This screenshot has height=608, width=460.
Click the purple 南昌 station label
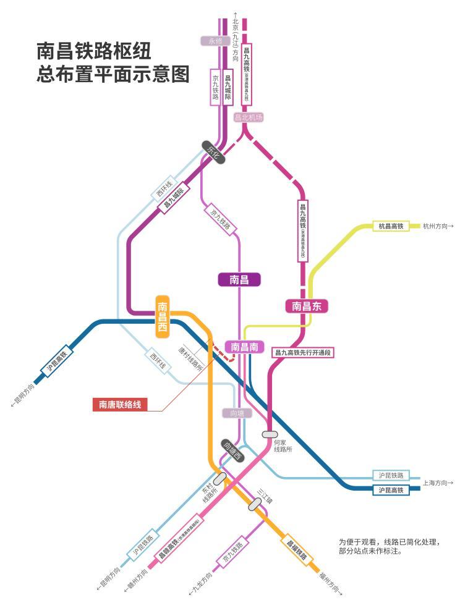[x=239, y=279]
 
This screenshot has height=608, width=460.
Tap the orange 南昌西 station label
[x=163, y=316]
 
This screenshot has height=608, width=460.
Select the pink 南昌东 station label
[x=306, y=306]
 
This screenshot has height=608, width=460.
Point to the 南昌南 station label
[x=244, y=347]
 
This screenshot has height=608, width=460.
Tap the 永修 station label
[x=215, y=41]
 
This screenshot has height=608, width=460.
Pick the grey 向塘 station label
[x=237, y=413]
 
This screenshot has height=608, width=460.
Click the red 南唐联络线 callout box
[x=121, y=405]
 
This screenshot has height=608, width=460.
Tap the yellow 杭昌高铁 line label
[x=391, y=226]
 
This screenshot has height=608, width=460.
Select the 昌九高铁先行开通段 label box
[x=303, y=352]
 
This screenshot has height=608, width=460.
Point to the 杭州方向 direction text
[x=438, y=226]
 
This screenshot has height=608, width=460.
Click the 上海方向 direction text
[x=438, y=482]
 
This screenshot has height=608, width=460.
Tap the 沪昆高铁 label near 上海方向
[x=391, y=490]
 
